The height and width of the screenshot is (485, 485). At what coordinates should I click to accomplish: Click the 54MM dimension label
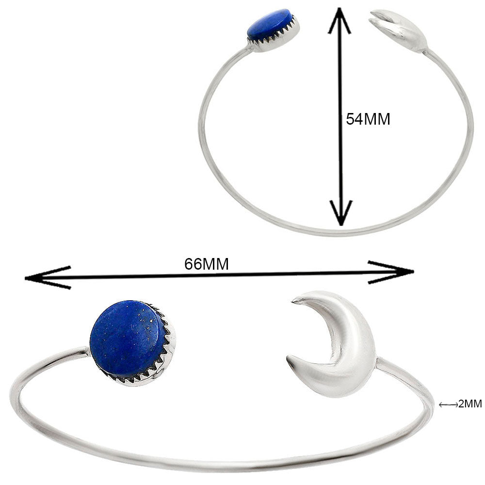point(368,119)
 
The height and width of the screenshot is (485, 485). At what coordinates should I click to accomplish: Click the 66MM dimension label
point(207,264)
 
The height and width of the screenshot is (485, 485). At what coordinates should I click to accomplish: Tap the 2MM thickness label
point(469,404)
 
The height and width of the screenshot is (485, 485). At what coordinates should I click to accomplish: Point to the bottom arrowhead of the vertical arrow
point(342,216)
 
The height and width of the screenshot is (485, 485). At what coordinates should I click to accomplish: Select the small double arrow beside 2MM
point(448,404)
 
